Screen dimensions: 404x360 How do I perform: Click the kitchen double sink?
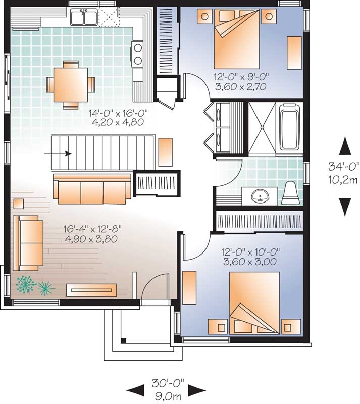[84, 18]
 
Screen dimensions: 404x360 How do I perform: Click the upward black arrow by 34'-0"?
[345, 146]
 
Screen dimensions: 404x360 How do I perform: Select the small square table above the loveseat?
[18, 204]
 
